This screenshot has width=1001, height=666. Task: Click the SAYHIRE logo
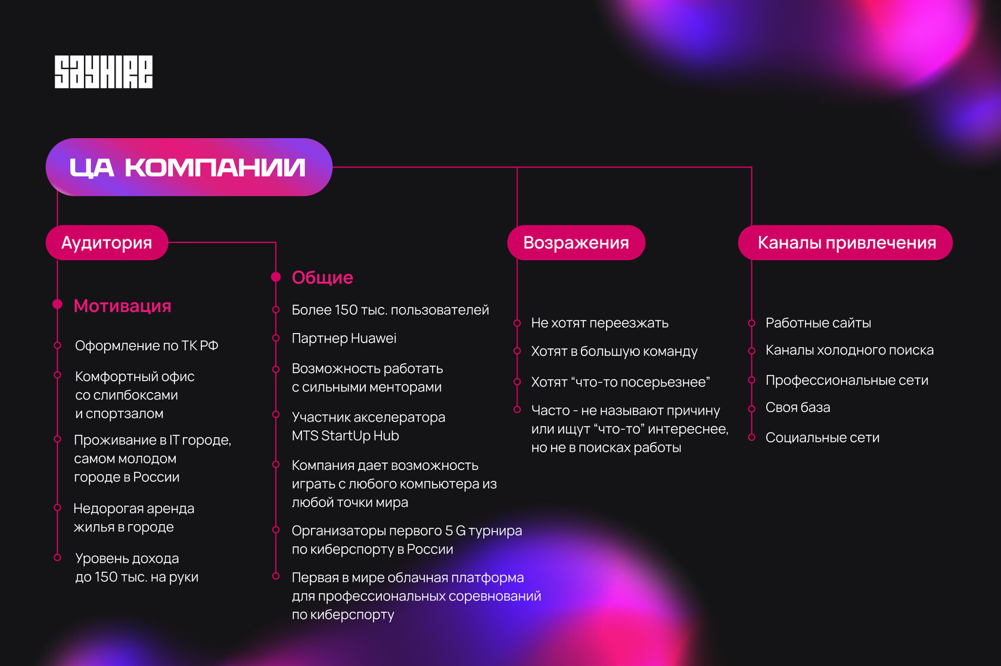pyautogui.click(x=104, y=72)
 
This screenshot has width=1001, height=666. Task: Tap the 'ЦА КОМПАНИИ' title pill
pyautogui.click(x=188, y=167)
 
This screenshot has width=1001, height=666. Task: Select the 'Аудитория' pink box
pyautogui.click(x=107, y=242)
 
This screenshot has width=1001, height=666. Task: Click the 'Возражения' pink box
pyautogui.click(x=576, y=242)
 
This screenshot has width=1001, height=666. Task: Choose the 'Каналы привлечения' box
pyautogui.click(x=846, y=242)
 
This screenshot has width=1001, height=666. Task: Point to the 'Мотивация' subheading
pyautogui.click(x=122, y=306)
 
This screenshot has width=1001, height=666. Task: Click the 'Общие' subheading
pyautogui.click(x=322, y=277)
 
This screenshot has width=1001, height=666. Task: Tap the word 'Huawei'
pyautogui.click(x=374, y=338)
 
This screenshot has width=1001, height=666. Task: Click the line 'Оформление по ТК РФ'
pyautogui.click(x=147, y=346)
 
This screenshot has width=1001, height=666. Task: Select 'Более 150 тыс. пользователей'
pyautogui.click(x=390, y=310)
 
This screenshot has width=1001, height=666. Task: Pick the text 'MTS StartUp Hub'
pyautogui.click(x=345, y=435)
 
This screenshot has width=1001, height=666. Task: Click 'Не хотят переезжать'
pyautogui.click(x=599, y=323)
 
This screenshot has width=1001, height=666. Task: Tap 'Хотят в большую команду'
pyautogui.click(x=614, y=351)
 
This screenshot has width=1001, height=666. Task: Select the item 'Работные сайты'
pyautogui.click(x=818, y=323)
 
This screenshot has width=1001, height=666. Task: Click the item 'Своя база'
pyautogui.click(x=798, y=407)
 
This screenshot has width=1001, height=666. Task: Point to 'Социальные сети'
pyautogui.click(x=822, y=437)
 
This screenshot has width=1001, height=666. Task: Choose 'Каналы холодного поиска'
pyautogui.click(x=850, y=350)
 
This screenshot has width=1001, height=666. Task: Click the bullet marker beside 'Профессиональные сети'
pyautogui.click(x=752, y=380)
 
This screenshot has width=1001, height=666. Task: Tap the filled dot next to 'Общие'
pyautogui.click(x=276, y=277)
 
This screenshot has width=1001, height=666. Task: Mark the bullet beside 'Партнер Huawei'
pyautogui.click(x=276, y=338)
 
